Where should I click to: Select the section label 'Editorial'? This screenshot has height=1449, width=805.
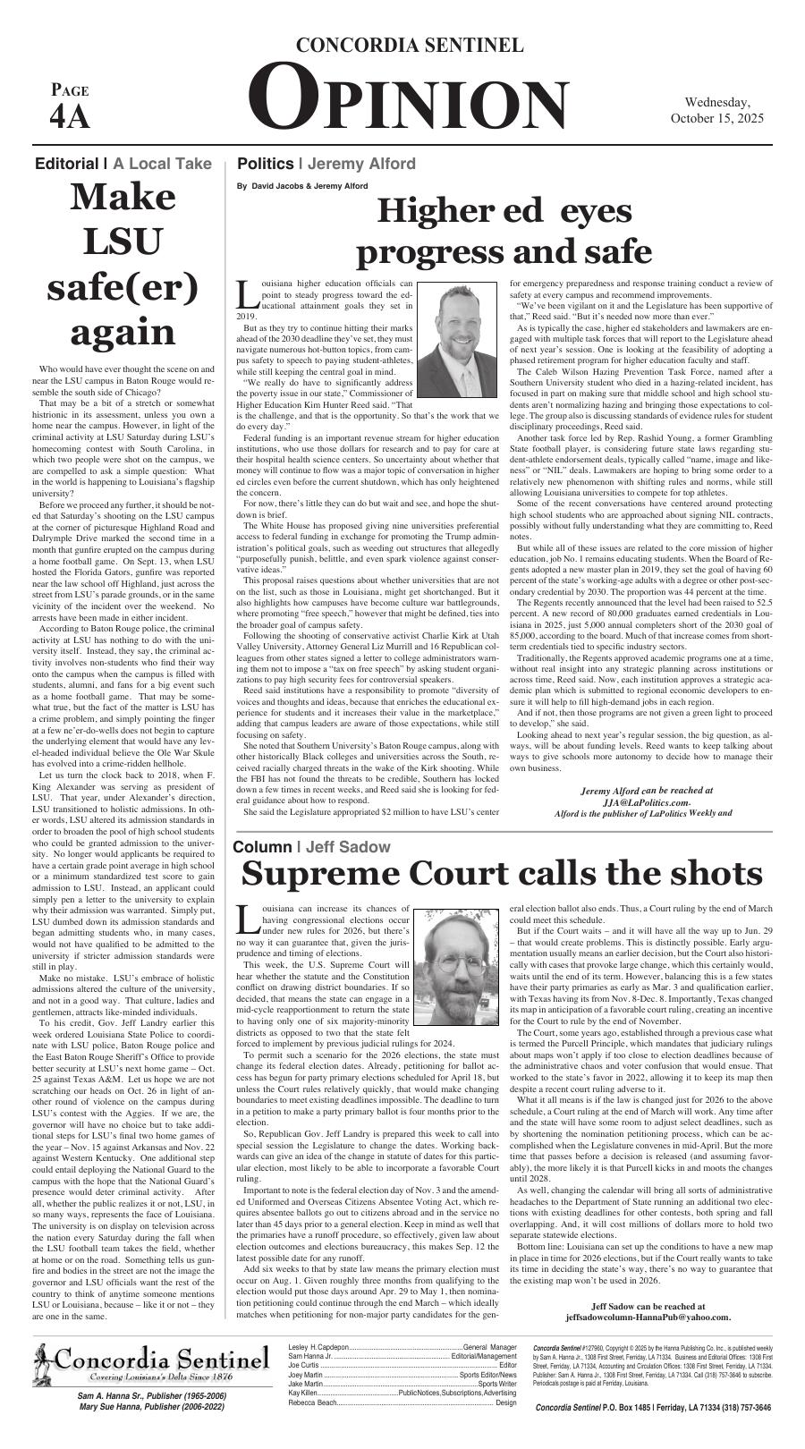coord(65,164)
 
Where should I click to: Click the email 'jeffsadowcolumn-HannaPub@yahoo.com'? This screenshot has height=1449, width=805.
coord(648,1317)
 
